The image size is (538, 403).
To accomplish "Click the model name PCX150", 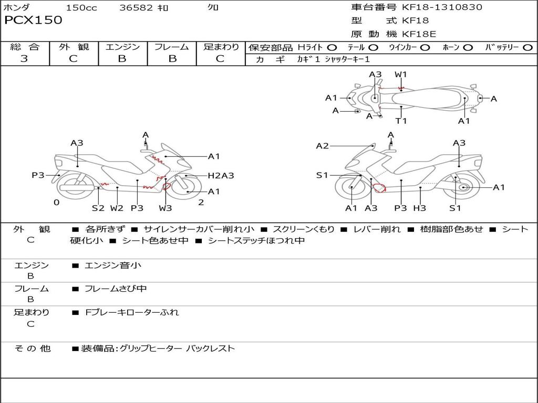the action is click(x=33, y=20).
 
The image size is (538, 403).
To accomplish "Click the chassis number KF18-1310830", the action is click(x=442, y=7).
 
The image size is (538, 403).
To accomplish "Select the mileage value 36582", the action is click(x=136, y=8).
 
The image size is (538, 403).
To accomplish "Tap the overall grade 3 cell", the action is click(x=24, y=59).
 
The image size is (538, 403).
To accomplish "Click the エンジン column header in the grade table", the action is click(x=122, y=47).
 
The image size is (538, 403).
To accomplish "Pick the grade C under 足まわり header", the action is click(x=220, y=59).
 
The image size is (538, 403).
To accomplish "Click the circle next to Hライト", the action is click(x=332, y=47).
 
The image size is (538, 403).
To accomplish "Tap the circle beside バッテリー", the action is click(x=527, y=47).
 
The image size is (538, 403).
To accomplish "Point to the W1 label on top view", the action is click(x=401, y=75).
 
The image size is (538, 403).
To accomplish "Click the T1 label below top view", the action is click(x=401, y=121).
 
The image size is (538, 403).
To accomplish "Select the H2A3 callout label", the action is click(x=221, y=176).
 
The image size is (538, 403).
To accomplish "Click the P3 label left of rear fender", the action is click(x=38, y=175).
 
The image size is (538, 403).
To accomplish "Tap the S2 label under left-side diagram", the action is click(x=98, y=208).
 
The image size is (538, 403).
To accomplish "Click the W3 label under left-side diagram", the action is click(x=165, y=208).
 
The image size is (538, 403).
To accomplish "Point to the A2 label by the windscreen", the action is click(x=322, y=146).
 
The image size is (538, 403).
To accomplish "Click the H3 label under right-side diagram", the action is click(x=419, y=208).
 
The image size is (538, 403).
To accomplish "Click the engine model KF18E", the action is click(x=419, y=34).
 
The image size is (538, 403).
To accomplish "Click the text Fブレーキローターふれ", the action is click(x=132, y=312).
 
